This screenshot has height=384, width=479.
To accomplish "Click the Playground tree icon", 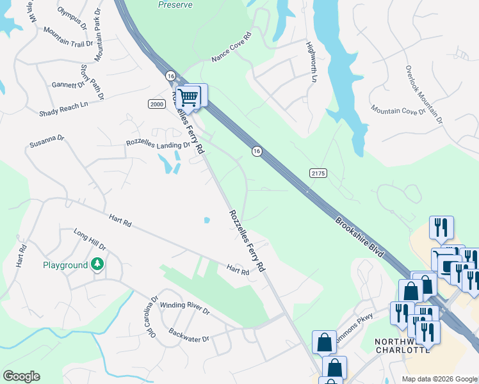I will [x=97, y=264].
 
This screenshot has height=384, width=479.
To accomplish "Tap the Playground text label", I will [x=65, y=265].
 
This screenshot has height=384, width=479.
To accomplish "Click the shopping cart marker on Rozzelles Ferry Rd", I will [x=188, y=98].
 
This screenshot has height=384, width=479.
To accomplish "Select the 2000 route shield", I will [x=156, y=104].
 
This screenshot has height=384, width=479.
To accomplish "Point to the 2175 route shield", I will [x=318, y=173].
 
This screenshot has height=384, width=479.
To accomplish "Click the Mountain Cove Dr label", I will [x=398, y=111].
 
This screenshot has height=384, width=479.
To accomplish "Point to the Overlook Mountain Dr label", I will [x=423, y=93].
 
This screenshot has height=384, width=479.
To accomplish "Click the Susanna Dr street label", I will [x=47, y=141].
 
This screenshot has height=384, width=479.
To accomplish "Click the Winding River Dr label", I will [x=184, y=308].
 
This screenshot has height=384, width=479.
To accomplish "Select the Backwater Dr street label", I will [x=189, y=334].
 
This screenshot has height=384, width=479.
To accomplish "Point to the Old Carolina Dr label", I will [x=152, y=316].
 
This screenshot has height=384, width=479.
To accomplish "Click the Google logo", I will [x=21, y=376].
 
